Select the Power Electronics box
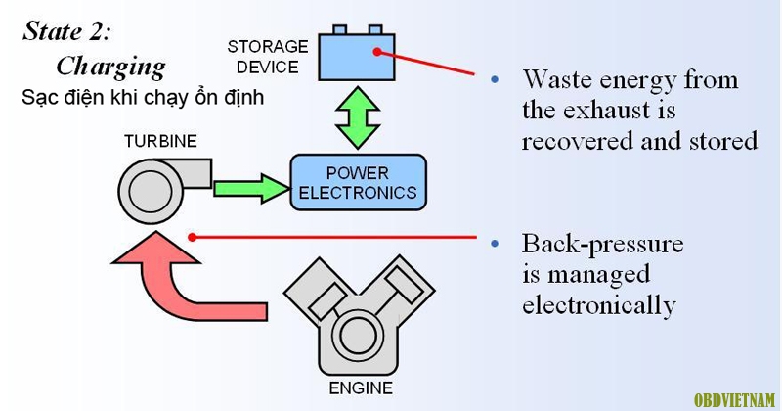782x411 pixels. (358, 182)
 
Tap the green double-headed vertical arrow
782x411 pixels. (358, 117)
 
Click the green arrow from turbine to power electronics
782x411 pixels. (251, 189)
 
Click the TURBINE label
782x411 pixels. (160, 141)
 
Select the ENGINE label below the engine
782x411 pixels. (361, 388)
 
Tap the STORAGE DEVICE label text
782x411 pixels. (267, 57)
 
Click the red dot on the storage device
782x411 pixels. (377, 52)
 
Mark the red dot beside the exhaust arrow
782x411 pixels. (192, 237)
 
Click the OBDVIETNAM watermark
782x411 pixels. (734, 400)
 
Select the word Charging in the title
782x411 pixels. (110, 67)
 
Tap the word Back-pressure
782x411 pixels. (602, 245)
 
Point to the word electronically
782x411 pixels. (599, 305)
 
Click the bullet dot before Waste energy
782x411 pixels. (495, 79)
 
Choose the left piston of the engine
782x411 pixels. (325, 299)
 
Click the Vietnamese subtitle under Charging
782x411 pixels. (143, 98)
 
